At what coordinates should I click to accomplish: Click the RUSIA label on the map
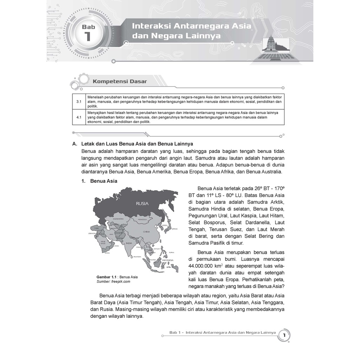coord(142,203)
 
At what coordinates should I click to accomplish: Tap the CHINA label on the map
coord(146,232)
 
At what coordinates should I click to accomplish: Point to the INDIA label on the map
coord(129,243)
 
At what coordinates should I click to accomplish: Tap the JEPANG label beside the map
coord(175,229)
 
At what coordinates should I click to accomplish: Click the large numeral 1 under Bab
coord(88,36)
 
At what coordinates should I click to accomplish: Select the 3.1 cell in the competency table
coord(79,102)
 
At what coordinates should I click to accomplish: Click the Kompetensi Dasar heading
coord(120,82)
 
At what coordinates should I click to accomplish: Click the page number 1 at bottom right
coord(284,335)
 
